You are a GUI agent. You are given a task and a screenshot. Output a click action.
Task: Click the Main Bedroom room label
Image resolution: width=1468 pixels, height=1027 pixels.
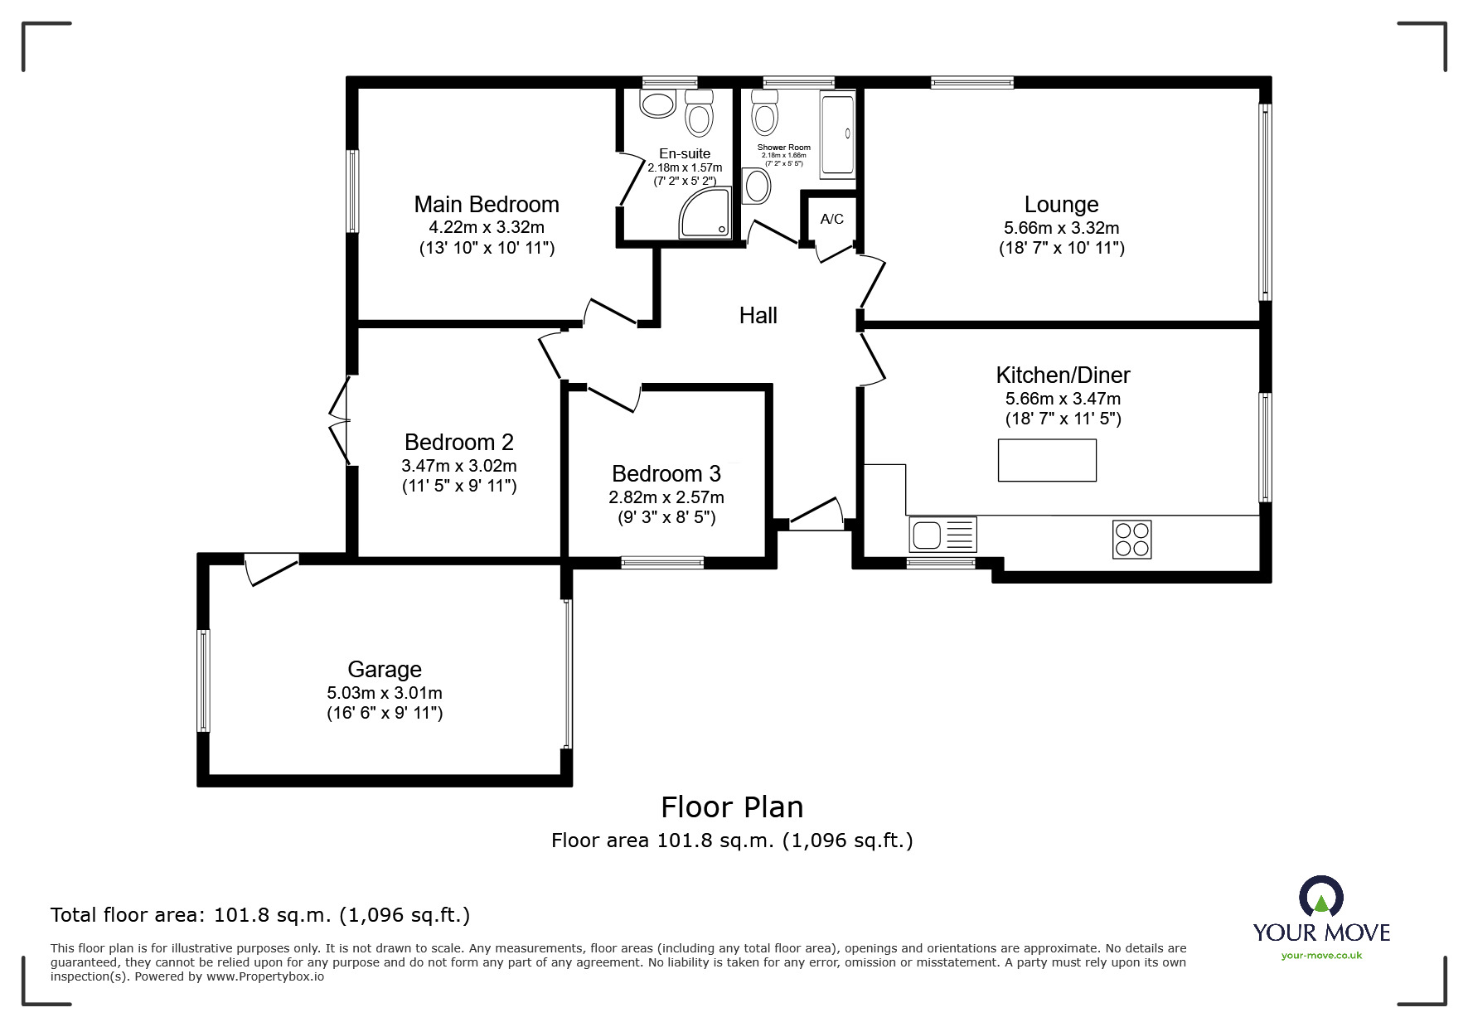pyautogui.click(x=487, y=204)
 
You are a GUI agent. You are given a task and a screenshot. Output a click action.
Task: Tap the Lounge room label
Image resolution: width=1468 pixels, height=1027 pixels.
pyautogui.click(x=1061, y=204)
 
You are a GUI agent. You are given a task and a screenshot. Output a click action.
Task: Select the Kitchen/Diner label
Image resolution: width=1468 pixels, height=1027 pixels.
pyautogui.click(x=1063, y=375)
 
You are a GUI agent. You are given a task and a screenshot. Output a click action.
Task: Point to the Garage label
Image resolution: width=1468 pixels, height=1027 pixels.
pyautogui.click(x=385, y=670)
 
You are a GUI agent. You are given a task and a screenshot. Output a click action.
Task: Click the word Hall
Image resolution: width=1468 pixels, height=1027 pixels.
pyautogui.click(x=758, y=315)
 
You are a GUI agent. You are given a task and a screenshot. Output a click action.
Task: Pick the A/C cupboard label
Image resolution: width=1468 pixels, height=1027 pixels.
pyautogui.click(x=832, y=219)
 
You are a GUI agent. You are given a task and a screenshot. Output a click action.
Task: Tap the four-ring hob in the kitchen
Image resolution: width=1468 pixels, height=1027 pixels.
pyautogui.click(x=1131, y=539)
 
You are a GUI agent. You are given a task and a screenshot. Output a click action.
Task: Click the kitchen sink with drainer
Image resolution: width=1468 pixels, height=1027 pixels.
pyautogui.click(x=943, y=535)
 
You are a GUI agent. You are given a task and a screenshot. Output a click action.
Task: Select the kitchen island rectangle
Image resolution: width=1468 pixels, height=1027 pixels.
pyautogui.click(x=1047, y=460)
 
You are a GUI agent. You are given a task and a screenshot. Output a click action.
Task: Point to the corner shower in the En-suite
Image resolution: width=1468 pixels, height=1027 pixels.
pyautogui.click(x=706, y=213)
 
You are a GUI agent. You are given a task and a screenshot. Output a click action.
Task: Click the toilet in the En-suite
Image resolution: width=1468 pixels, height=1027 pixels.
pyautogui.click(x=700, y=113)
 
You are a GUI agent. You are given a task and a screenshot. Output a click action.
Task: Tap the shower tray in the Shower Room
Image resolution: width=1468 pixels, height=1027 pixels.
pyautogui.click(x=837, y=135)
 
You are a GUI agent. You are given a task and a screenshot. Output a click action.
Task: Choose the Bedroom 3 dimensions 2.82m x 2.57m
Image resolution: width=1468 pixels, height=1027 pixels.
pyautogui.click(x=666, y=497)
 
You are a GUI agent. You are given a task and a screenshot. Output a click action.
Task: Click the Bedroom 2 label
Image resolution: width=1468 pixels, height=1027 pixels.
pyautogui.click(x=459, y=442)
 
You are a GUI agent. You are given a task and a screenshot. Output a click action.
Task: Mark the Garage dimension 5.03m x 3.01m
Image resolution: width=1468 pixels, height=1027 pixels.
pyautogui.click(x=385, y=693)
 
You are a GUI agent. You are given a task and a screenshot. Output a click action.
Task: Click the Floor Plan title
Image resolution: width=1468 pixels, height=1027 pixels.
pyautogui.click(x=732, y=807)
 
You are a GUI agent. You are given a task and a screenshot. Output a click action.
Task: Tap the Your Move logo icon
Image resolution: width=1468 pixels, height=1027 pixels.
pyautogui.click(x=1320, y=897)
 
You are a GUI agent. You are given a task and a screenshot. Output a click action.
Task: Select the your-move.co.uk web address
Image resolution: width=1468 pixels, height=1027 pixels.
pyautogui.click(x=1321, y=956)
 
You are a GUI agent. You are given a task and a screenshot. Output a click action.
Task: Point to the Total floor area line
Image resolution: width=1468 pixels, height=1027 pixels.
pyautogui.click(x=260, y=915)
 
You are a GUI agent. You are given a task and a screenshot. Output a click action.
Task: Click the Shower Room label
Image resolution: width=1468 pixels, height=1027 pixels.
pyautogui.click(x=784, y=148)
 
